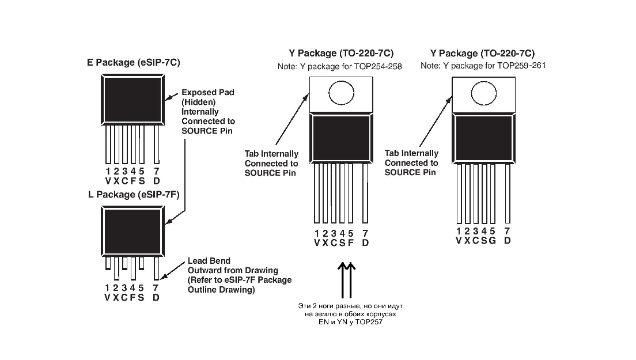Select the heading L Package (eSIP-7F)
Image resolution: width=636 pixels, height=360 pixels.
point(134,195)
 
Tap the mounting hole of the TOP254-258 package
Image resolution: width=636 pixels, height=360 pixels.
point(340,92)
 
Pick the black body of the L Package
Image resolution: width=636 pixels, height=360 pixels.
point(131,232)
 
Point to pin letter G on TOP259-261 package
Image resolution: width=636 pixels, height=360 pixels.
point(493,241)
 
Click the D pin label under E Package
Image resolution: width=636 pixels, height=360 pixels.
point(157,181)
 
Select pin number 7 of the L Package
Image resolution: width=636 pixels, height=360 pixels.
point(156,288)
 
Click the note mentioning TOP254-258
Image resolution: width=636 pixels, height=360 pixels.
point(340,67)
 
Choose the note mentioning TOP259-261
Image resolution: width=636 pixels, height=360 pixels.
point(483,66)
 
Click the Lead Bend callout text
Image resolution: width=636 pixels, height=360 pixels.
point(240,275)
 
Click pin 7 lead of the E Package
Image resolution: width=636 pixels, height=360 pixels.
point(157,144)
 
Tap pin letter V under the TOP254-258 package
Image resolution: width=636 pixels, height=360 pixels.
point(317,243)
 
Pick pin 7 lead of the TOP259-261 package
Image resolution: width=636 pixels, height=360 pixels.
point(508,194)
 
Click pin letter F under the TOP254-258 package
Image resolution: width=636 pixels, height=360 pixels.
point(351,243)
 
